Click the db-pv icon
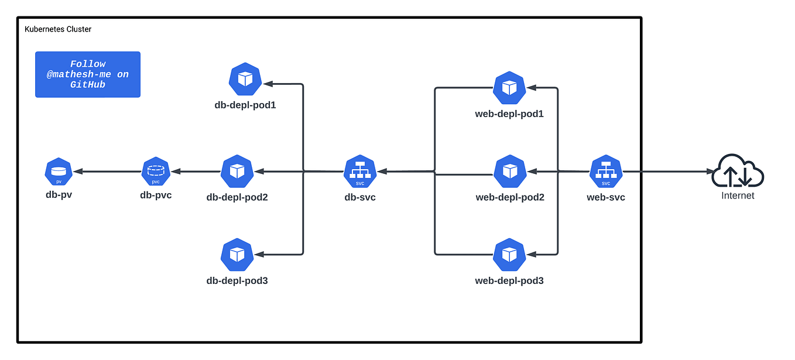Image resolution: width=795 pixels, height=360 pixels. pyautogui.click(x=59, y=172)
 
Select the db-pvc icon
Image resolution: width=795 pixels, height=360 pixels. pyautogui.click(x=156, y=172)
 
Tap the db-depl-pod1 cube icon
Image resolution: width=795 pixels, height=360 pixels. pyautogui.click(x=245, y=79)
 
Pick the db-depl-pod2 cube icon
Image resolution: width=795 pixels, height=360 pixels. pyautogui.click(x=237, y=172)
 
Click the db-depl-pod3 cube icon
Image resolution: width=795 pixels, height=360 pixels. pyautogui.click(x=237, y=255)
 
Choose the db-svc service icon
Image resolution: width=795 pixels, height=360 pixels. pyautogui.click(x=359, y=172)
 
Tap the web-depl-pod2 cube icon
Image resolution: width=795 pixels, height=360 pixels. pyautogui.click(x=510, y=172)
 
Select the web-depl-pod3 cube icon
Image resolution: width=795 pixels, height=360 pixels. pyautogui.click(x=510, y=255)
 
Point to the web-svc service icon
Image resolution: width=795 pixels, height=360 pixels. pyautogui.click(x=606, y=172)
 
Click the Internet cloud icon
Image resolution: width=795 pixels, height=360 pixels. pyautogui.click(x=738, y=170)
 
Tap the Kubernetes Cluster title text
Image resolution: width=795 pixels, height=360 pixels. pyautogui.click(x=58, y=29)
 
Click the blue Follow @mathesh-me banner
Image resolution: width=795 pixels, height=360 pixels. pyautogui.click(x=88, y=74)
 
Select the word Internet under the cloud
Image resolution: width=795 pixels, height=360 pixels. pyautogui.click(x=738, y=196)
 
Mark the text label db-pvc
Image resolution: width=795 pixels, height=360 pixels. pyautogui.click(x=156, y=196)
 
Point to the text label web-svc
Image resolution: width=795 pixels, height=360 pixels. pyautogui.click(x=606, y=197)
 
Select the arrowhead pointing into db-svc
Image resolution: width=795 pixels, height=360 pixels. pyautogui.click(x=382, y=172)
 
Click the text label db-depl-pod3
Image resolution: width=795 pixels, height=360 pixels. pyautogui.click(x=237, y=280)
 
